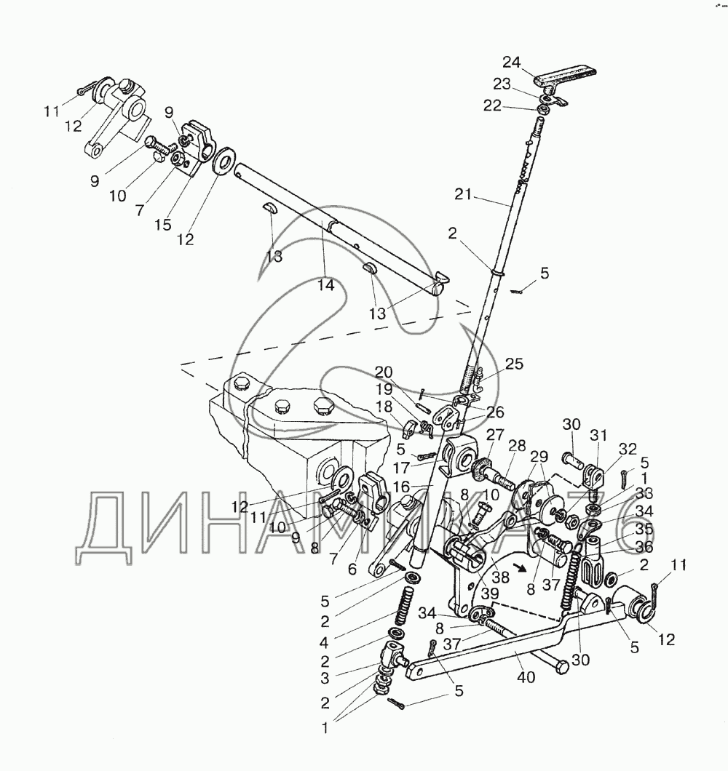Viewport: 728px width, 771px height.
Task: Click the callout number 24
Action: (x=512, y=63)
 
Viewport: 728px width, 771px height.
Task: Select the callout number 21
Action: (x=463, y=195)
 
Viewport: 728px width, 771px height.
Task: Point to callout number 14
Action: (x=326, y=285)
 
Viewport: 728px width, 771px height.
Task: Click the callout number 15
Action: (x=163, y=225)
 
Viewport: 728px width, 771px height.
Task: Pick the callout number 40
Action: (x=526, y=677)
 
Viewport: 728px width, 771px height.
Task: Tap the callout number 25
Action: (x=514, y=364)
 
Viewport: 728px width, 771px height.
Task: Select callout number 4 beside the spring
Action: (x=325, y=642)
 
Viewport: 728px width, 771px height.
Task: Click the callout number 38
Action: (x=501, y=576)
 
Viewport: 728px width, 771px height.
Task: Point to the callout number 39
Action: (x=490, y=594)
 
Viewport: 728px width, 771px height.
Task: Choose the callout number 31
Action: (x=598, y=436)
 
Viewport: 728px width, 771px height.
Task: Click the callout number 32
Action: (x=628, y=449)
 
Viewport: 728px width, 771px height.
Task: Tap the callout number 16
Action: (x=402, y=487)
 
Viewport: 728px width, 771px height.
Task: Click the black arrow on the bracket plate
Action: (x=520, y=567)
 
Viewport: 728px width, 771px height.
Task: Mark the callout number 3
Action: (x=325, y=678)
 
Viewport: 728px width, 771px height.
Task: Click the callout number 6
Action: (x=352, y=569)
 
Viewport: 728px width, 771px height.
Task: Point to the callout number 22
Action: (x=492, y=105)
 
